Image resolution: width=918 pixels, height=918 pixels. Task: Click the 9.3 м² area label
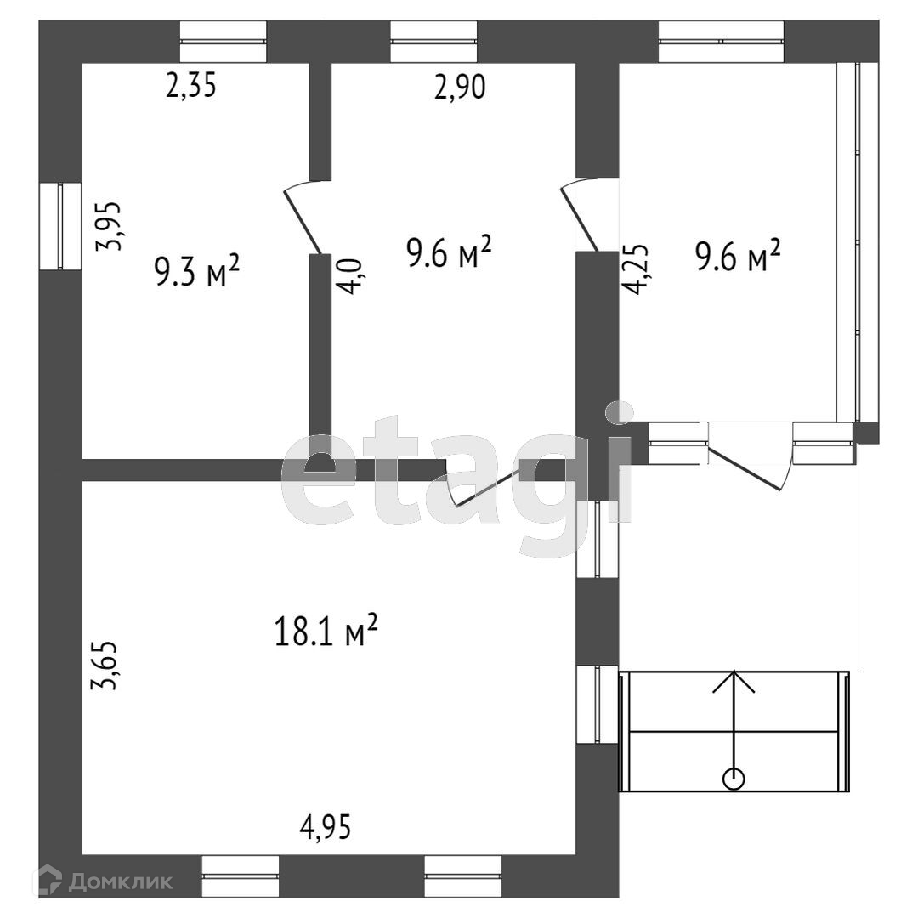point(196,272)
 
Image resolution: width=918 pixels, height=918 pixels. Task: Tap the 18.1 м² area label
point(326,632)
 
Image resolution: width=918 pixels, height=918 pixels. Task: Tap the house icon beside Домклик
point(54,881)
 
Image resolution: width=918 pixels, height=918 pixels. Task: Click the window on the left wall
point(59,227)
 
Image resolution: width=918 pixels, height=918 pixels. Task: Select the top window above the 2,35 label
point(224,42)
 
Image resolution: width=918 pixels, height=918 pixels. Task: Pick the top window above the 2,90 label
point(433,42)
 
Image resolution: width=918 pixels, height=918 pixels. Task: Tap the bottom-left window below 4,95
point(241,876)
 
